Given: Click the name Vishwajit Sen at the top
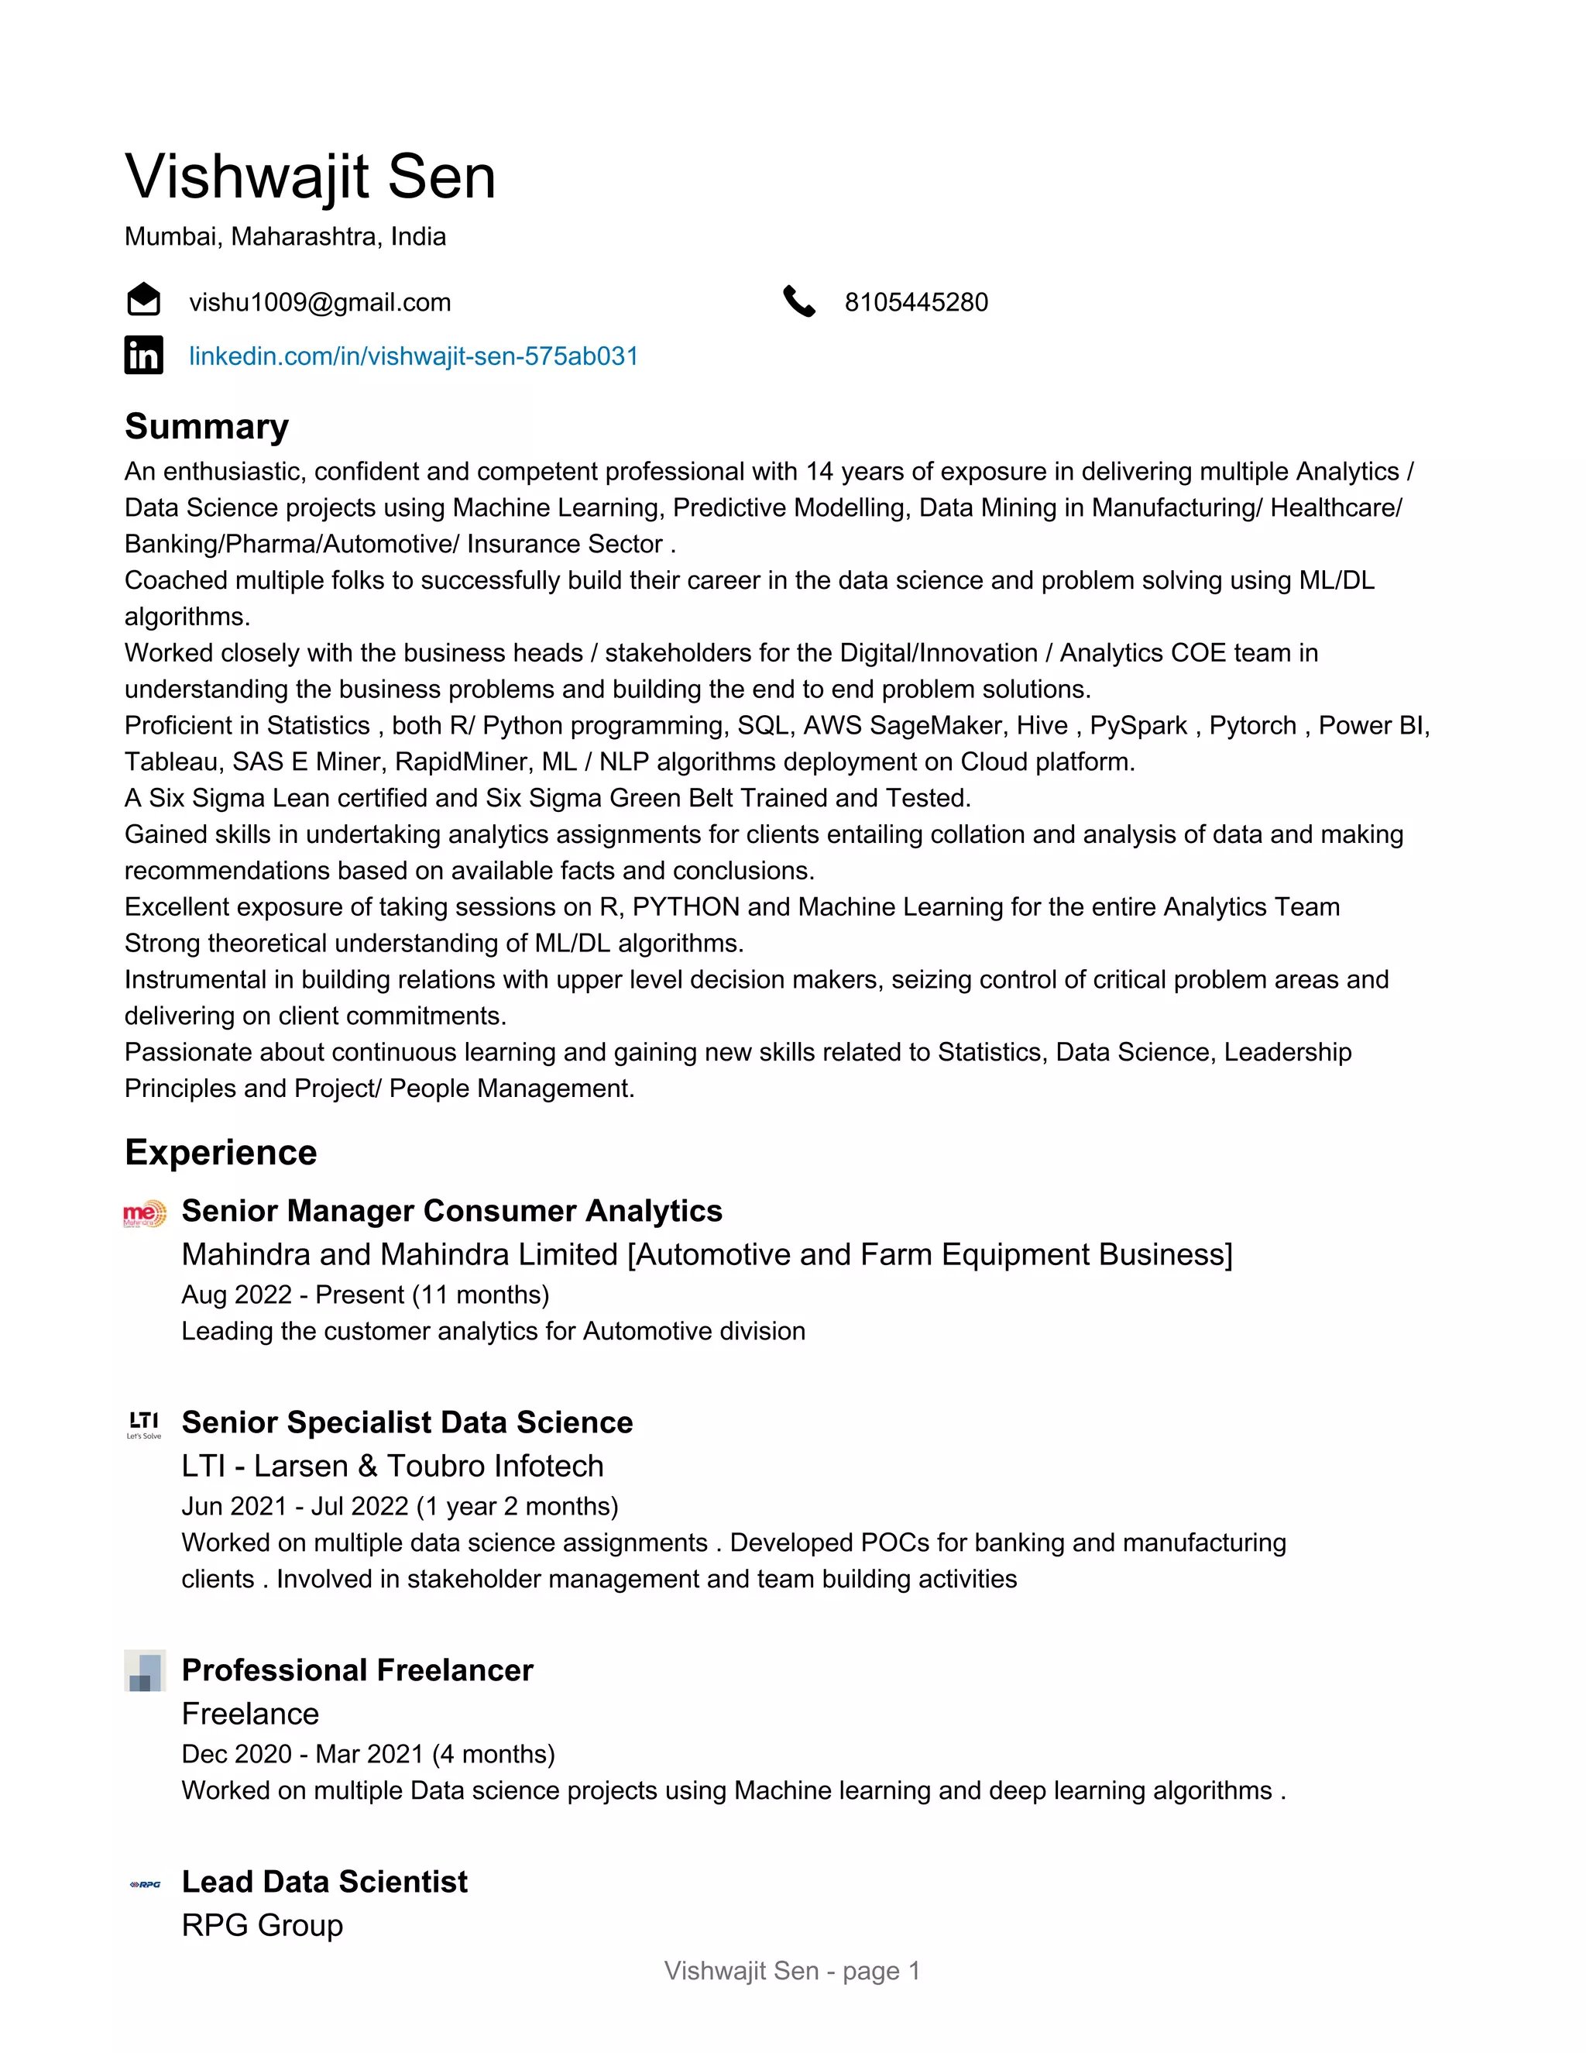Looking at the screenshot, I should coord(310,177).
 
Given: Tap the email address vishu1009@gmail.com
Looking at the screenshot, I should coord(320,303).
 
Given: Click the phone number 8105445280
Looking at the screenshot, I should coord(915,303).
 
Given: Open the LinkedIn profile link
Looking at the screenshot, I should coord(414,356).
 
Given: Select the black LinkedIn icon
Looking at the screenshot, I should coord(144,356).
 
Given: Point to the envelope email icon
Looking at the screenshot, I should coord(144,300).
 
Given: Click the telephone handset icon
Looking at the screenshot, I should coord(798,301).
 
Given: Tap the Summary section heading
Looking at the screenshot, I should coord(207,427).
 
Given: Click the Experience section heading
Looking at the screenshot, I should coord(221,1153).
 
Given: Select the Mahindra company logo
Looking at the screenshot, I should coord(145,1213).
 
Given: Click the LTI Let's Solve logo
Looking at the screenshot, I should coord(144,1424).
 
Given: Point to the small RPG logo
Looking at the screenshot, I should coord(145,1884).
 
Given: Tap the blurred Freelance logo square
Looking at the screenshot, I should coord(145,1670).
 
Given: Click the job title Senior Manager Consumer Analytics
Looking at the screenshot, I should coord(451,1211).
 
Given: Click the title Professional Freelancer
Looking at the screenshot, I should coord(357,1670).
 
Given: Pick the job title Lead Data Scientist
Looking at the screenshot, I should coord(324,1881).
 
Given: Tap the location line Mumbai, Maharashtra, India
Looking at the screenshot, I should coord(285,237).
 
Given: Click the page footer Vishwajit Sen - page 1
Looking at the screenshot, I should coord(792,1970).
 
